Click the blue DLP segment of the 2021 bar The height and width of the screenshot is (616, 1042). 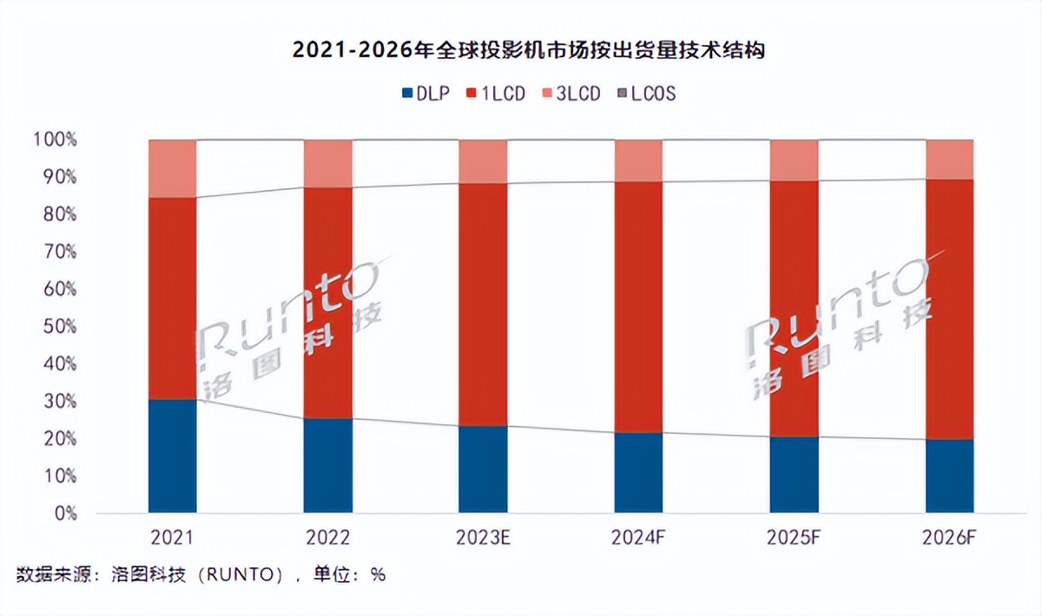172,455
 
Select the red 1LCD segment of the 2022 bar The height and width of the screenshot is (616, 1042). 328,304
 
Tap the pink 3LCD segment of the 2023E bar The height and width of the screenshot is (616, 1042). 484,161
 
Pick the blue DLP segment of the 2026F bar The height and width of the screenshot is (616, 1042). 950,475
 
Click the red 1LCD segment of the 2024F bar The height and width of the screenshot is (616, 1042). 639,308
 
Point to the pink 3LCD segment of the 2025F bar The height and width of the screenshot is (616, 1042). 795,161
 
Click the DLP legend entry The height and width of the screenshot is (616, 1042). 425,93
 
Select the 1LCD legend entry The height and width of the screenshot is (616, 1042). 497,93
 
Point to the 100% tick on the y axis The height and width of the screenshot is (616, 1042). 55,139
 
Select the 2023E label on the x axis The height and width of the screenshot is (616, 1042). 484,538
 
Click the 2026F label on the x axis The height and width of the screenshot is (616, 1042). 950,538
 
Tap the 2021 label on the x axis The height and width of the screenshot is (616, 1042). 172,538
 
